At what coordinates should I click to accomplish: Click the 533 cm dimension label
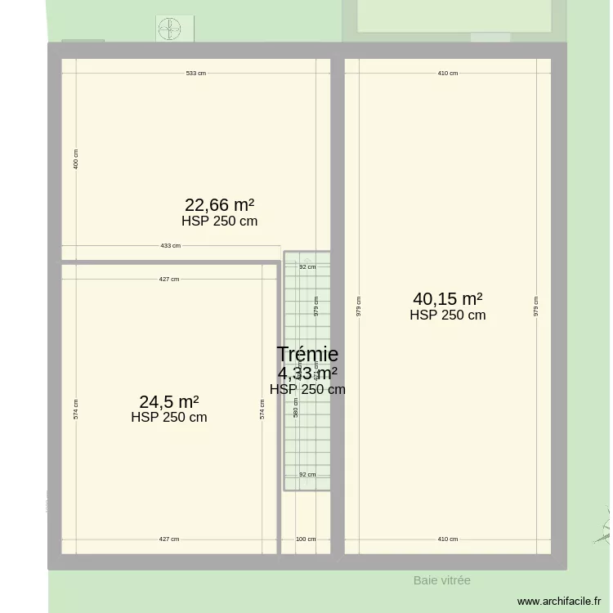click(195, 74)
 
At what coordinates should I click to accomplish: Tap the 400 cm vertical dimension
click(76, 159)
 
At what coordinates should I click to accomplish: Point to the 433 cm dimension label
click(170, 245)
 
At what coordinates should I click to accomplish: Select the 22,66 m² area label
click(219, 205)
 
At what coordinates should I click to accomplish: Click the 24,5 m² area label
click(169, 402)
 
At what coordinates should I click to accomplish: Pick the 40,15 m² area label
click(448, 299)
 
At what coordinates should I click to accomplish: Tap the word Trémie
click(307, 354)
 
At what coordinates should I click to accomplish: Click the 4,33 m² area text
click(307, 374)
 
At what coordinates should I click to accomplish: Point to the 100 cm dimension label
click(306, 539)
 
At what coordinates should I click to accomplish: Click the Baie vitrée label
click(441, 580)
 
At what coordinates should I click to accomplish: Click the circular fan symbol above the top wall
click(170, 29)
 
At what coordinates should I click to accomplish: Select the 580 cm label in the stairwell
click(296, 407)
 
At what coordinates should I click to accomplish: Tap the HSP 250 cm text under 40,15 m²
click(448, 315)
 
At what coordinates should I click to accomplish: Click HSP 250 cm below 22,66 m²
click(219, 221)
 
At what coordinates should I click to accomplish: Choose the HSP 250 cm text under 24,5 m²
click(169, 418)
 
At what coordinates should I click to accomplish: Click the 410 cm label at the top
click(447, 74)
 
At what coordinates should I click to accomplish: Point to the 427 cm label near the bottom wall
click(168, 539)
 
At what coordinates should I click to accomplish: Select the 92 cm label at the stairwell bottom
click(307, 474)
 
